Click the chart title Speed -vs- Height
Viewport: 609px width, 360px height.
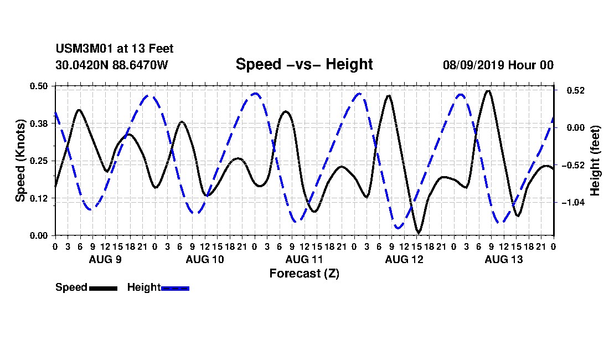click(304, 64)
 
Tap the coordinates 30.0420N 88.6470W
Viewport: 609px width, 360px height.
click(112, 65)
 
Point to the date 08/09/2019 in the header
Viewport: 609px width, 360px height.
click(473, 65)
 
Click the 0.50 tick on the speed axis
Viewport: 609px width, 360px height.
click(38, 86)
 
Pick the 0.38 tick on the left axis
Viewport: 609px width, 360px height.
click(38, 124)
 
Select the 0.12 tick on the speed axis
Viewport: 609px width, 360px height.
click(38, 198)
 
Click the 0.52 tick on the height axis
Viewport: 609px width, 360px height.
click(576, 90)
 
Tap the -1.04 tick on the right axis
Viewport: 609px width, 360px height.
click(573, 202)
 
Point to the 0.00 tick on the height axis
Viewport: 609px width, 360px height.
click(576, 128)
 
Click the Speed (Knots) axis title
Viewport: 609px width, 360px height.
click(20, 161)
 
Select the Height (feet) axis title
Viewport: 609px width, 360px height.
click(595, 161)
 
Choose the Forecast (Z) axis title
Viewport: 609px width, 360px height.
click(304, 274)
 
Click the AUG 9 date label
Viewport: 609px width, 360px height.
click(105, 259)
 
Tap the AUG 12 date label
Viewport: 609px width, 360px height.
click(404, 259)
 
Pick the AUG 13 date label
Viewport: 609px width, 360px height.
click(504, 259)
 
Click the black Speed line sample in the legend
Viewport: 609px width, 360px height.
click(104, 288)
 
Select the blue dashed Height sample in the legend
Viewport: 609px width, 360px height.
click(175, 288)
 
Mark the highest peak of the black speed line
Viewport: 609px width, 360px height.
click(488, 91)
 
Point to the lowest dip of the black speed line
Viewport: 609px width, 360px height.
click(419, 232)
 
